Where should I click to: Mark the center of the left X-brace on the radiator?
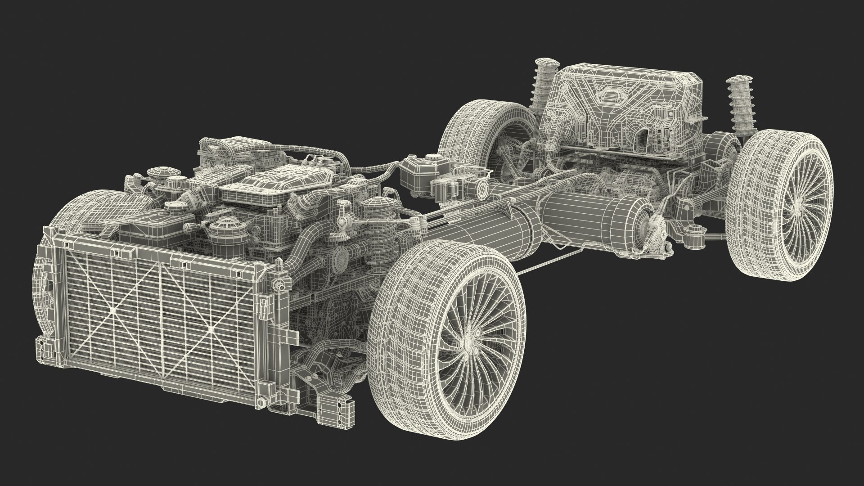[113, 310]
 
